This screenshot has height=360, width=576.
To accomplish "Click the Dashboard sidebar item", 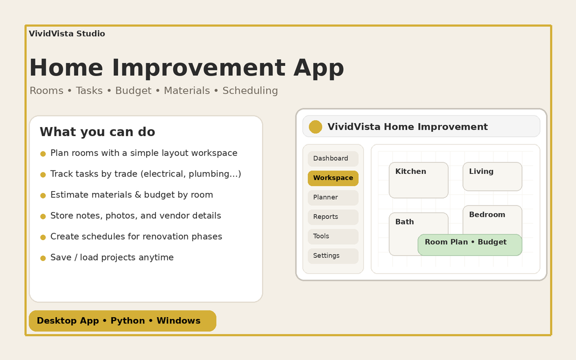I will (333, 159).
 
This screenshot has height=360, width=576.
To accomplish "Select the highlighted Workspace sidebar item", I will (333, 178).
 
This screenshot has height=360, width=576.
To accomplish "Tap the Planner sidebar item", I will (333, 197).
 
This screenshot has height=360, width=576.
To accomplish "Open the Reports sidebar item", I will (333, 217).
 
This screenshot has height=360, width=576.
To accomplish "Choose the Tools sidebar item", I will (333, 236).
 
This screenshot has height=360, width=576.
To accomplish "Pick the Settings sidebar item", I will (333, 256).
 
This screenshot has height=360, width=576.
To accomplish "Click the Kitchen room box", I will (418, 180).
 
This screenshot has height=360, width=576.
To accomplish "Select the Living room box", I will (492, 177).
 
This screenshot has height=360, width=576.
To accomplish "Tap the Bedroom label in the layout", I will (487, 215).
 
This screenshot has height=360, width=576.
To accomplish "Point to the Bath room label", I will (404, 222).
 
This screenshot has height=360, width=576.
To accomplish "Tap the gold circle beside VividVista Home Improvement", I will (316, 127).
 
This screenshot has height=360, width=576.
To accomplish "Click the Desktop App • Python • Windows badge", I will (123, 321).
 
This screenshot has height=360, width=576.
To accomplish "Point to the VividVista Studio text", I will (67, 34).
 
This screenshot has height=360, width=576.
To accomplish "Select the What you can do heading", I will (97, 132).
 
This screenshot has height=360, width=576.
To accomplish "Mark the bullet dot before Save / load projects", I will (43, 258).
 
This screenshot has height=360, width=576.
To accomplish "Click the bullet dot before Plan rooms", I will (43, 154).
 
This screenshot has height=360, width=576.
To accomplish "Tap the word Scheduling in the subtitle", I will (250, 91).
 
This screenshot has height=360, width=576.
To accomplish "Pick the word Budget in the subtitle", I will (133, 91).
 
